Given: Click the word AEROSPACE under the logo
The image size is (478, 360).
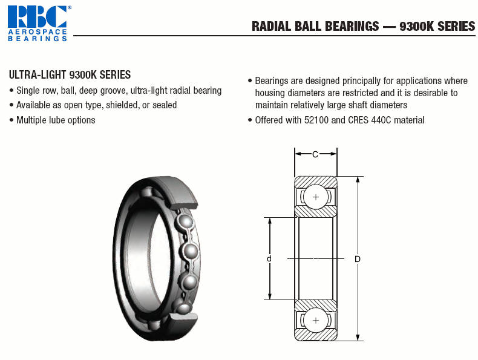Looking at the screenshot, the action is [38, 31].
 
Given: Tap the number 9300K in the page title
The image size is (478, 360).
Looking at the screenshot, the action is [416, 26].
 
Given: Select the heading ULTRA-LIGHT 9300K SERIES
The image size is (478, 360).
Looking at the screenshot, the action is [70, 74].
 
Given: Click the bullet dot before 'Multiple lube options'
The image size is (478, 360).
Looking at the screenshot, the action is [11, 120].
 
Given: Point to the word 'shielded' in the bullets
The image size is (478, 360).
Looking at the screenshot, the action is [122, 105].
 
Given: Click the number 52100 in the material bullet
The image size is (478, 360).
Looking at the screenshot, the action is [316, 120].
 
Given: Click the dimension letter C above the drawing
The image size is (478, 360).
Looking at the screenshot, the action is [315, 154].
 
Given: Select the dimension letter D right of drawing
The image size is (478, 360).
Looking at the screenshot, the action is [358, 259].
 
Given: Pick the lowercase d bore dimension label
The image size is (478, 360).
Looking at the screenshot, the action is [269, 259].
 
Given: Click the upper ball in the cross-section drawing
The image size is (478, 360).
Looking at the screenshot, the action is [316, 197].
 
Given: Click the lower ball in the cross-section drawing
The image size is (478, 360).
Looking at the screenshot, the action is [316, 320].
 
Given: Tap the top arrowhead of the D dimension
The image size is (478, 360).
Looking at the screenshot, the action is [358, 179].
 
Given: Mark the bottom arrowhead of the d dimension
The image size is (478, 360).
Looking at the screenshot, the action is [269, 296].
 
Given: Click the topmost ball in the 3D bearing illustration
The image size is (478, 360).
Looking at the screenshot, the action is [147, 192].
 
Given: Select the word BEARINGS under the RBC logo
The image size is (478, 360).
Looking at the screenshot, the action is [38, 38].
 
